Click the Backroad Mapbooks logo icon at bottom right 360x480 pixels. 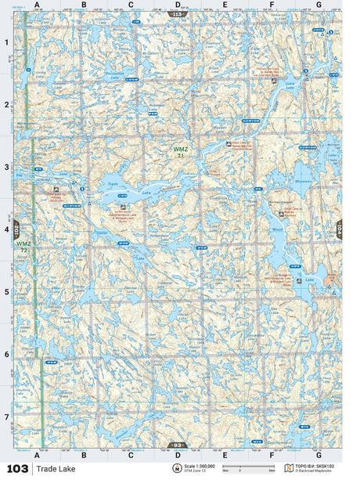[x=289, y=468]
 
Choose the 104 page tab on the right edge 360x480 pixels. [x=339, y=229]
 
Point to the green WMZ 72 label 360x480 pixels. [x=24, y=247]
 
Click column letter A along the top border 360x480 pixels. [x=37, y=5]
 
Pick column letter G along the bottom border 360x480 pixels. [x=318, y=454]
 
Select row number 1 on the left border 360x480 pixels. [x=6, y=42]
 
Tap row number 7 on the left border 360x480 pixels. [x=6, y=417]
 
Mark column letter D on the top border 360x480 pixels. [x=178, y=5]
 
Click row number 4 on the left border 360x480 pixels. [x=6, y=229]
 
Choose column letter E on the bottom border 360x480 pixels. [x=225, y=454]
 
